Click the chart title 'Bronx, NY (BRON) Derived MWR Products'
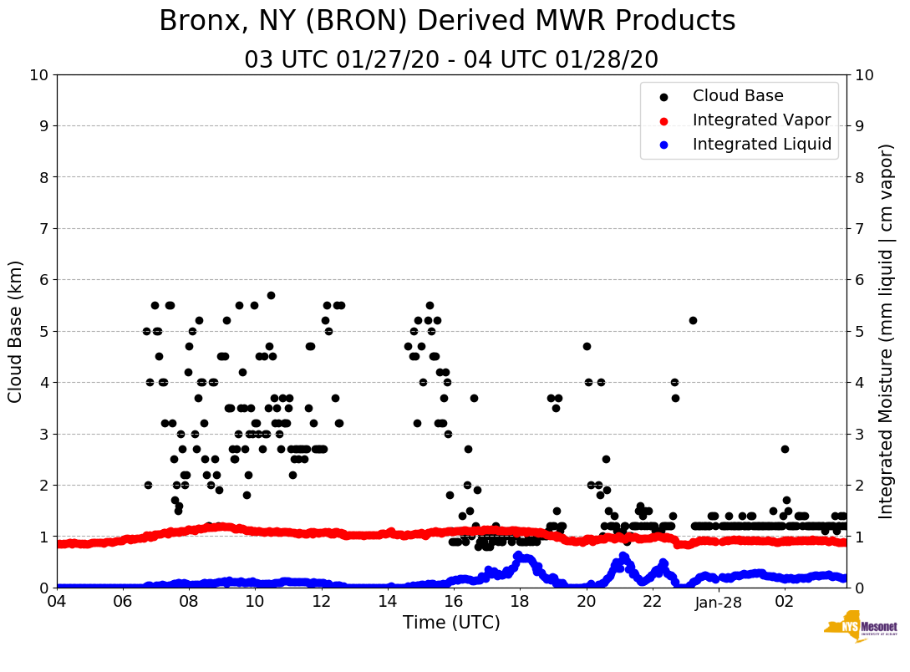pos(447,21)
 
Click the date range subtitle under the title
pos(451,60)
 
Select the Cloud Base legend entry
pos(738,96)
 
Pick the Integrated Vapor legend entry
pos(761,120)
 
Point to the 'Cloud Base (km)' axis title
pos(16,331)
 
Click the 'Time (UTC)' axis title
pos(451,623)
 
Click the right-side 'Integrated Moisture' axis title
pos(887,331)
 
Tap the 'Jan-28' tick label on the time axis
pos(719,602)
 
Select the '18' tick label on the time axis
pos(520,602)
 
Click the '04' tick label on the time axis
pos(57,602)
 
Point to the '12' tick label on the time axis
pos(322,602)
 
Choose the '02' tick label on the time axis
pos(785,602)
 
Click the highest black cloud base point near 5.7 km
pos(271,295)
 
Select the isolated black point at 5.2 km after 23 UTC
pos(693,320)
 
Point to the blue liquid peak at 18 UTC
pos(518,556)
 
